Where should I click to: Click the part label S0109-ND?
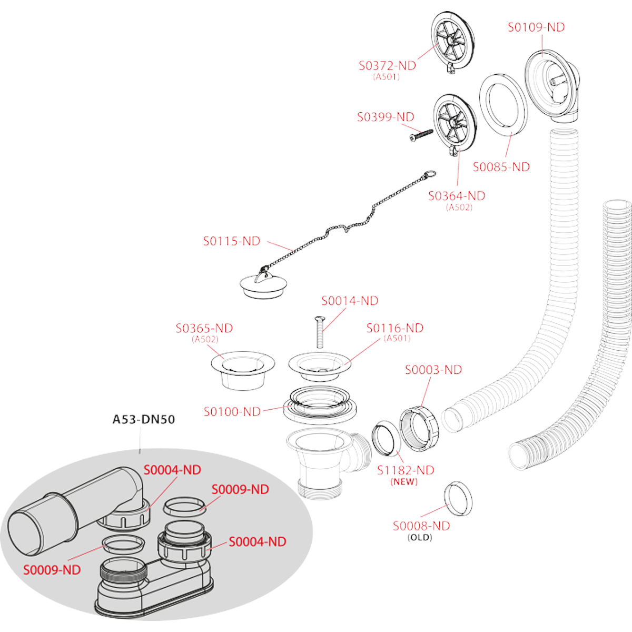[536, 27]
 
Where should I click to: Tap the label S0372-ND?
[387, 66]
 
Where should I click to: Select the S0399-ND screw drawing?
[421, 135]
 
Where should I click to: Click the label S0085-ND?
[501, 167]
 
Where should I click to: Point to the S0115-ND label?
[232, 241]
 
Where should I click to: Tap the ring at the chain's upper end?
[430, 173]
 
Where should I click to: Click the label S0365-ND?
[204, 329]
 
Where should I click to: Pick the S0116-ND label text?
[394, 328]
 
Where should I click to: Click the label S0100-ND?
[232, 412]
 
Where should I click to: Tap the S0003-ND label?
[433, 370]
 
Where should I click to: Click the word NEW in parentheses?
[404, 481]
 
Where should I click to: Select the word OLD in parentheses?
[420, 537]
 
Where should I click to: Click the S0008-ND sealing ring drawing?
[457, 498]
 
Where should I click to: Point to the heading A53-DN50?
[143, 420]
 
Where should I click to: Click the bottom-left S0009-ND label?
[52, 570]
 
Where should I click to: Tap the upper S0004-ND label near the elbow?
[172, 470]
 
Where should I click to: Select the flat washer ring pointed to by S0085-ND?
[503, 101]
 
